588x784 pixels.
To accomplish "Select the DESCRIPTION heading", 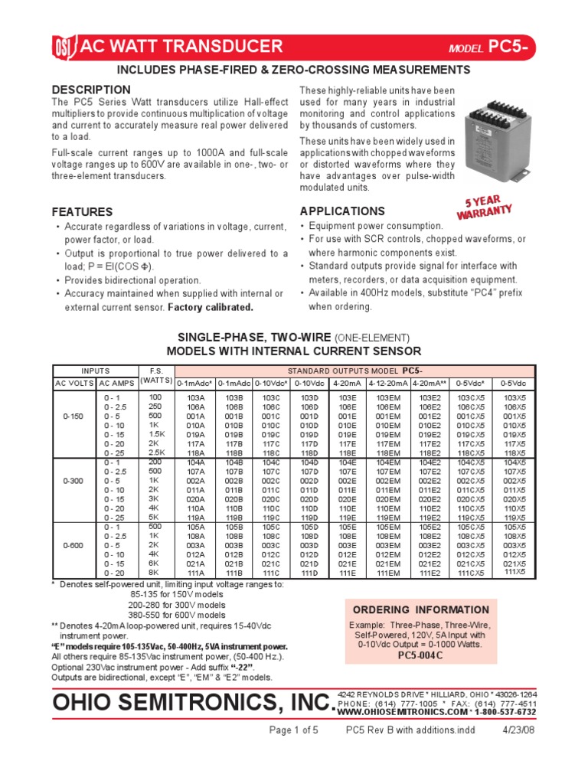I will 86,90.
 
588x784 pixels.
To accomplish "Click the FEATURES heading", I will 82,211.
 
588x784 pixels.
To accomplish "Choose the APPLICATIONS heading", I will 342,211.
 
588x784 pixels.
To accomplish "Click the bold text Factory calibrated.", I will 211,307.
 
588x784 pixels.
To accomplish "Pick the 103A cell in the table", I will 195,397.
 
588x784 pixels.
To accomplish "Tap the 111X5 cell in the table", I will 514,571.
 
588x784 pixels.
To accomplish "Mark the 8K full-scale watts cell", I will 155,572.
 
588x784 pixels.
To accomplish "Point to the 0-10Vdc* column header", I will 271,383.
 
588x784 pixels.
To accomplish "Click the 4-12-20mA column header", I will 388,383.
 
